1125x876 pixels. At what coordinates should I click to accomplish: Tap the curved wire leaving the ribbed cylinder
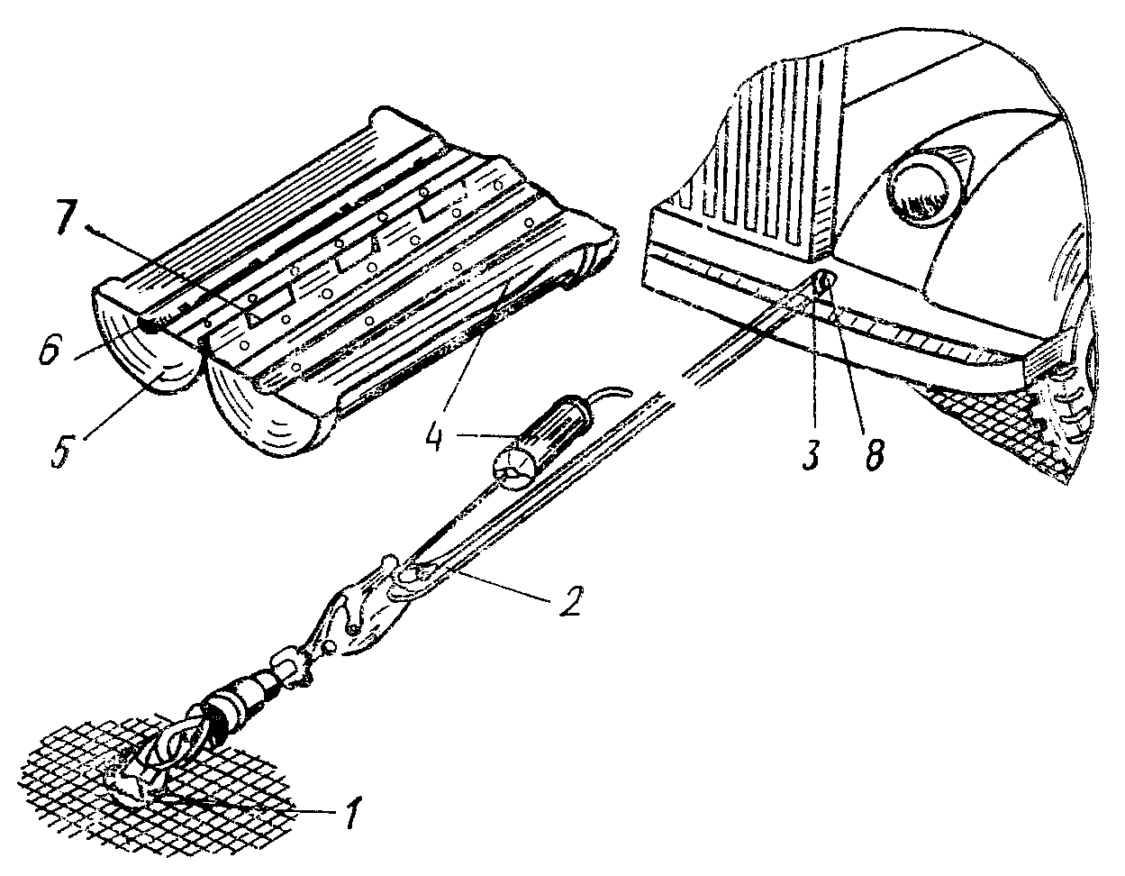point(612,395)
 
